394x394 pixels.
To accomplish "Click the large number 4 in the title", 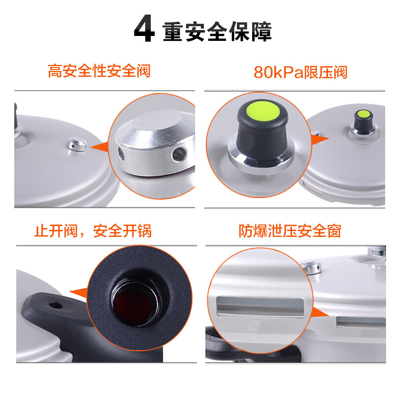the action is click(x=144, y=29).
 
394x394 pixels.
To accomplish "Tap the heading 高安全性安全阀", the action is click(x=99, y=71).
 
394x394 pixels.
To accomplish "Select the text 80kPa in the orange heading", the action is click(x=279, y=72).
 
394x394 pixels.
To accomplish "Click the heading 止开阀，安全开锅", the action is click(x=93, y=231).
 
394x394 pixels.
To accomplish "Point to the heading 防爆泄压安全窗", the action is click(x=290, y=231).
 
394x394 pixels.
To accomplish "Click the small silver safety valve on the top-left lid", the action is click(x=77, y=144).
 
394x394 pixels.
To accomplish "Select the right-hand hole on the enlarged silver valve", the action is click(x=179, y=154).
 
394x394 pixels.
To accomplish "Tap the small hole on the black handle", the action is click(x=56, y=305).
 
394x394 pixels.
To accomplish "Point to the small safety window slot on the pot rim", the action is click(x=361, y=322).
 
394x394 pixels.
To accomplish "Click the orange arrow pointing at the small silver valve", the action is click(x=99, y=147).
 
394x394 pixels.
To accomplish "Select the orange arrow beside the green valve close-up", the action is click(x=320, y=139).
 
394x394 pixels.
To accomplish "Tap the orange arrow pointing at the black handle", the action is click(x=79, y=293).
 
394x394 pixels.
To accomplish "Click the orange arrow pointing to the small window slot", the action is click(x=320, y=313).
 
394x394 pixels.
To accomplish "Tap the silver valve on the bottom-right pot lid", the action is click(x=312, y=267).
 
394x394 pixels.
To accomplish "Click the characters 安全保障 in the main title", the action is click(x=228, y=32).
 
